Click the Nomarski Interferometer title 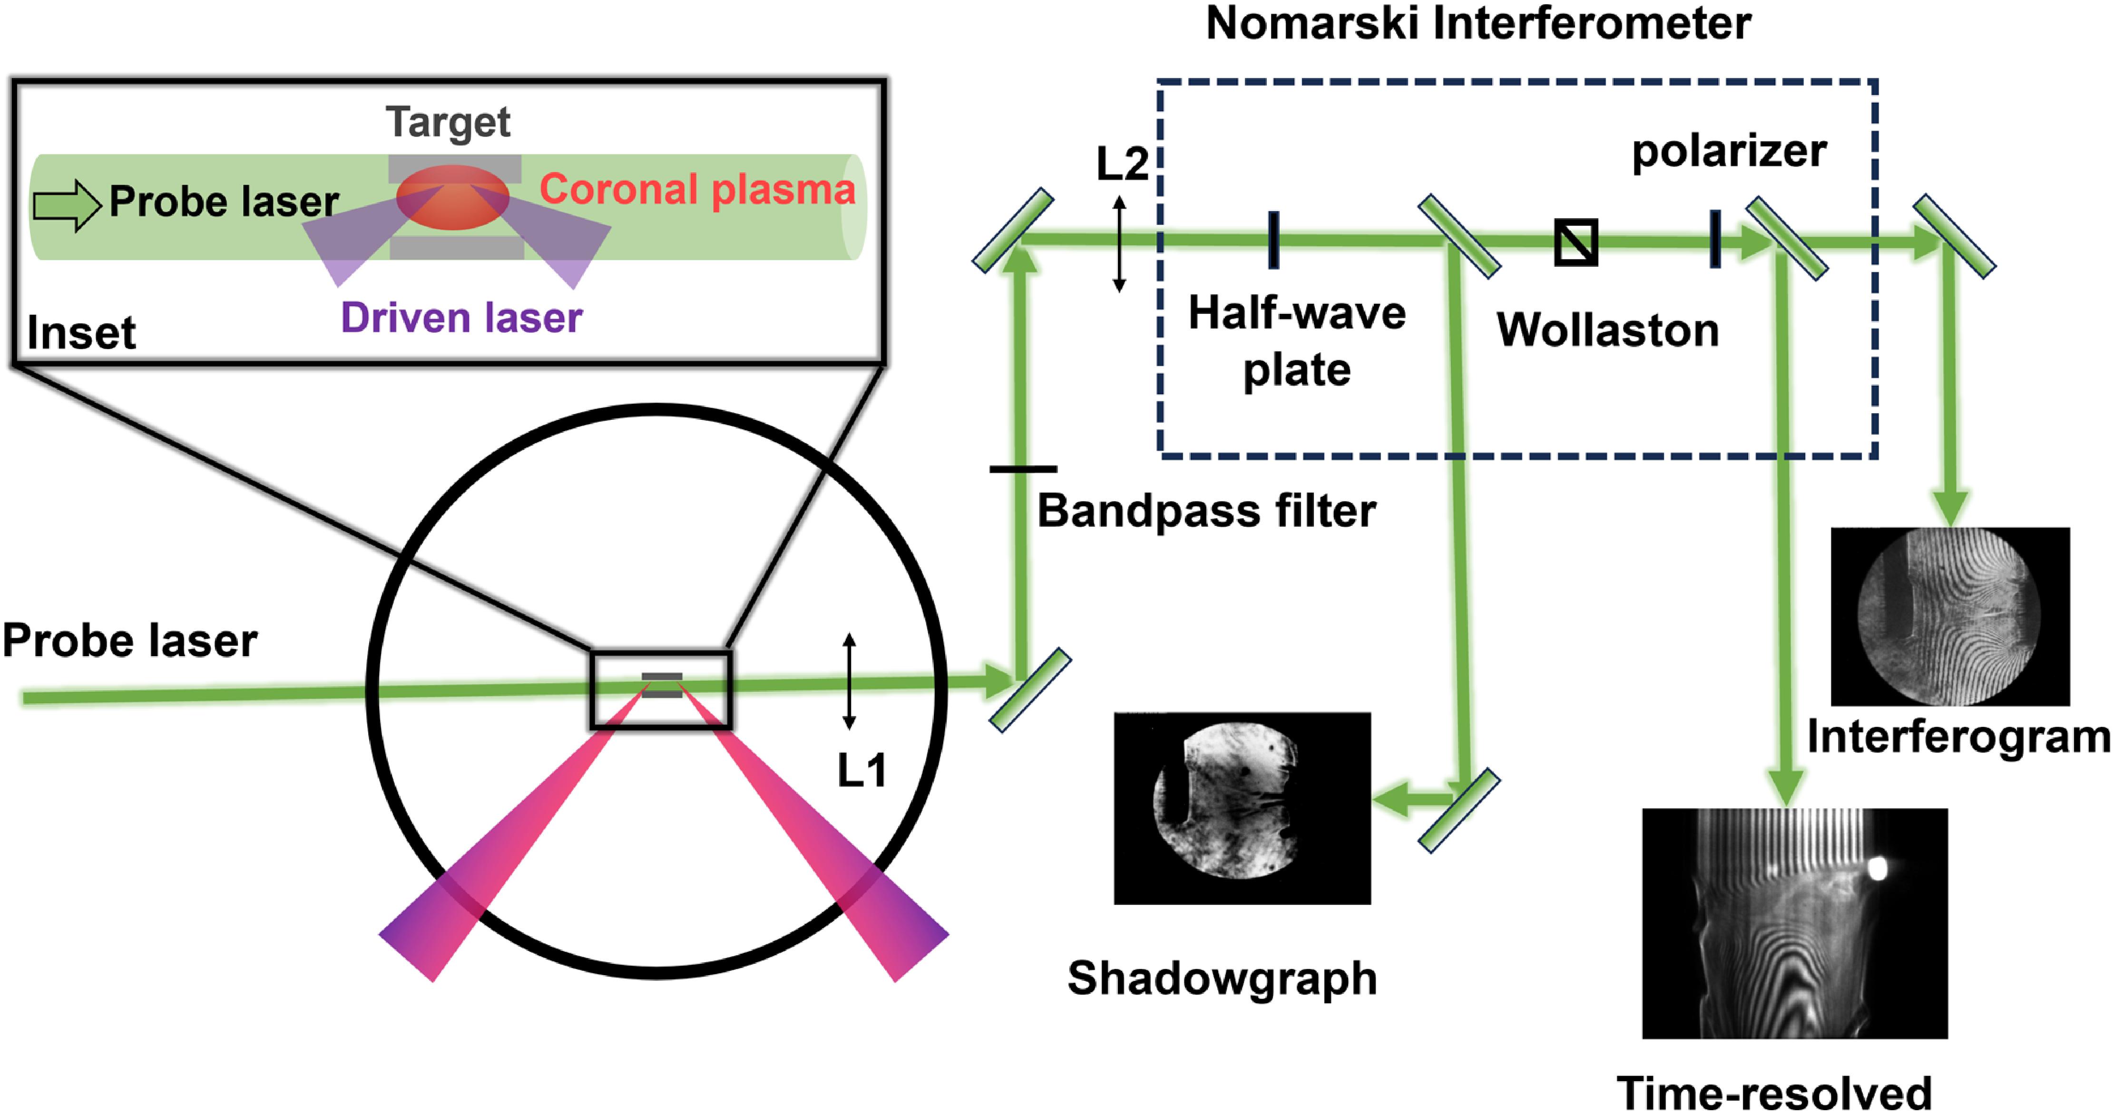pos(1477,23)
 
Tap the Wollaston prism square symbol pos(1576,242)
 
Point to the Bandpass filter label pos(1206,511)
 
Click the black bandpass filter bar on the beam pos(1023,469)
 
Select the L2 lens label pos(1122,164)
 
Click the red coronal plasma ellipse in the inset pos(453,197)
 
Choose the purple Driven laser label pos(461,318)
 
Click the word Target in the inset pos(448,122)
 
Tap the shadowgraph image pos(1242,807)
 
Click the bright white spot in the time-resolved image pos(1876,869)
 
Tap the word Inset pos(81,333)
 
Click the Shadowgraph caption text pos(1221,978)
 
